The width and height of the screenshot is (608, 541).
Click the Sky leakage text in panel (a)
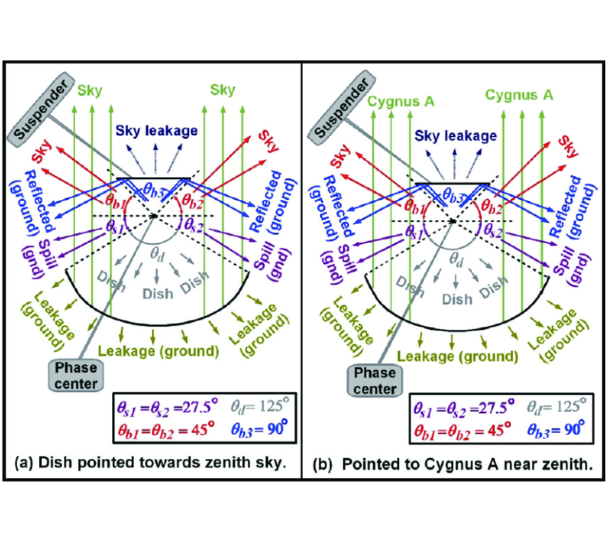click(157, 132)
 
